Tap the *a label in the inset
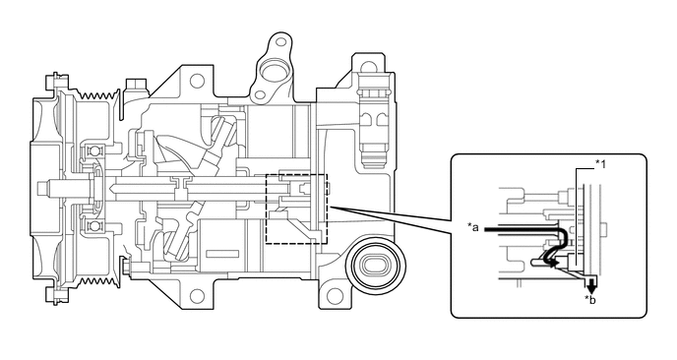(x=474, y=227)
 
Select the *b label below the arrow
(x=591, y=300)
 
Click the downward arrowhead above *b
(x=590, y=286)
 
